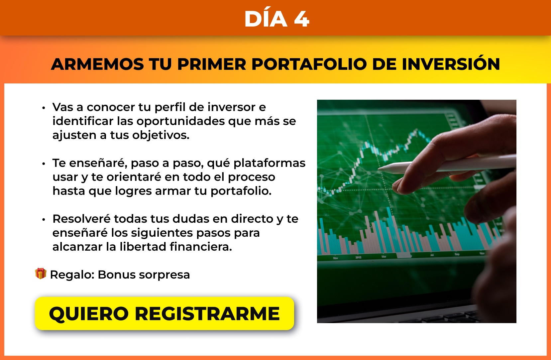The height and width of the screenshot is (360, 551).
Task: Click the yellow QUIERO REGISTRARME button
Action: (x=165, y=313)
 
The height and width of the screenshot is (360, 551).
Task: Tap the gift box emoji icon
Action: (x=41, y=273)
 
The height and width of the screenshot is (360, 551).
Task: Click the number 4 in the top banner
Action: (x=301, y=19)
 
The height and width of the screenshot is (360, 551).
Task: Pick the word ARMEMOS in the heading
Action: (x=97, y=64)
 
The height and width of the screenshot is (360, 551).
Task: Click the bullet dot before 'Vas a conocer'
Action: (x=44, y=108)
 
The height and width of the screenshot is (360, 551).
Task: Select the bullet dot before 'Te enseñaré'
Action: (x=44, y=164)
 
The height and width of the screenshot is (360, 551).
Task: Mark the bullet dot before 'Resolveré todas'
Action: (x=44, y=219)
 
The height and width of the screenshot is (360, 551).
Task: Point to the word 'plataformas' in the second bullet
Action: (x=269, y=164)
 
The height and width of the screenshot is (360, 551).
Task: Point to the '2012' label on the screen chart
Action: (x=358, y=257)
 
